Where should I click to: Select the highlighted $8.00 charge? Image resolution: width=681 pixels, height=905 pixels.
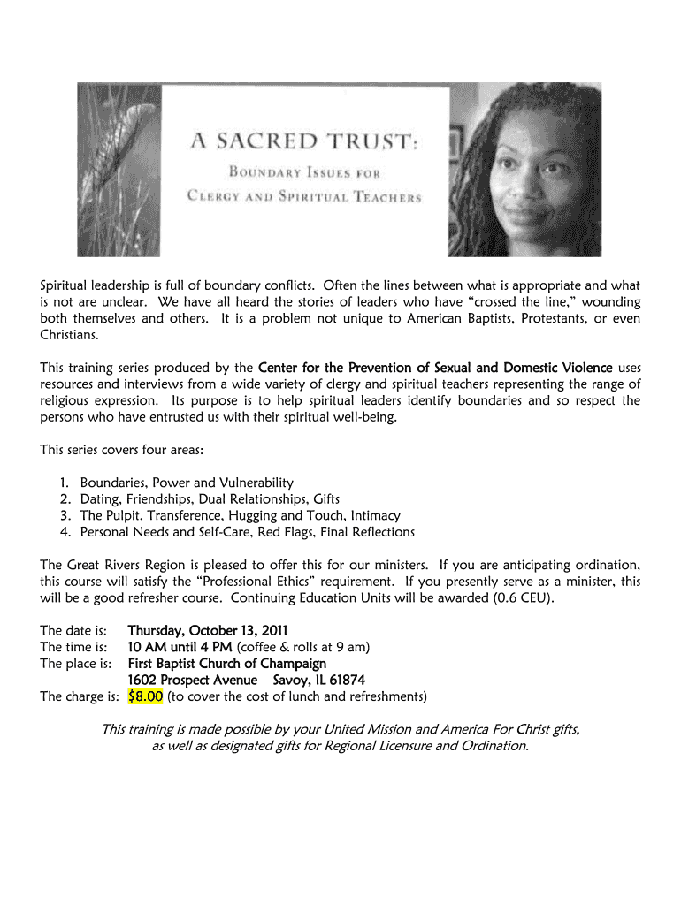click(145, 696)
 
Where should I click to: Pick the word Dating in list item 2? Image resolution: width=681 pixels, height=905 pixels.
click(98, 498)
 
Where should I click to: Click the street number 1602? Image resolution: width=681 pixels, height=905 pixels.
click(146, 680)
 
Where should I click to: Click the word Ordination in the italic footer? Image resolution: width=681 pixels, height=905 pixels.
click(486, 746)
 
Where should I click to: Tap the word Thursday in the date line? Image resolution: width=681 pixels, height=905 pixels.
click(155, 631)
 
